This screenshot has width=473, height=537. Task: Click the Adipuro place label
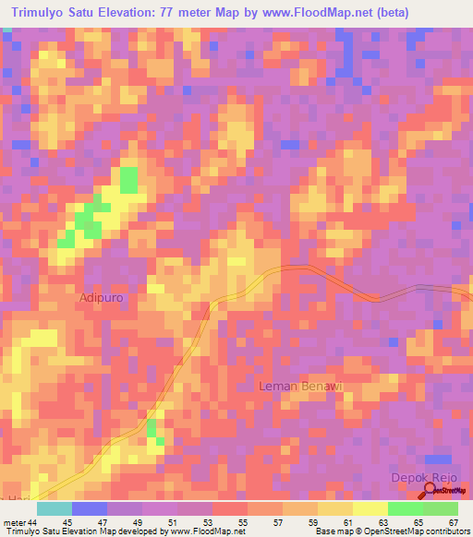(102, 299)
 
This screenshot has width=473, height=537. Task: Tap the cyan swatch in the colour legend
(55, 509)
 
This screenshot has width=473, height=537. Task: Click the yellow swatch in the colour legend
(370, 509)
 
